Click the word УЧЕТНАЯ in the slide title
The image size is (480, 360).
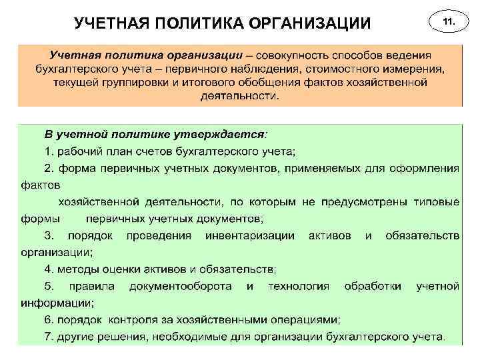tap(111, 24)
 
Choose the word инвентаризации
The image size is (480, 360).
tap(250, 235)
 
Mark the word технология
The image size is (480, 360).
tap(299, 286)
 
